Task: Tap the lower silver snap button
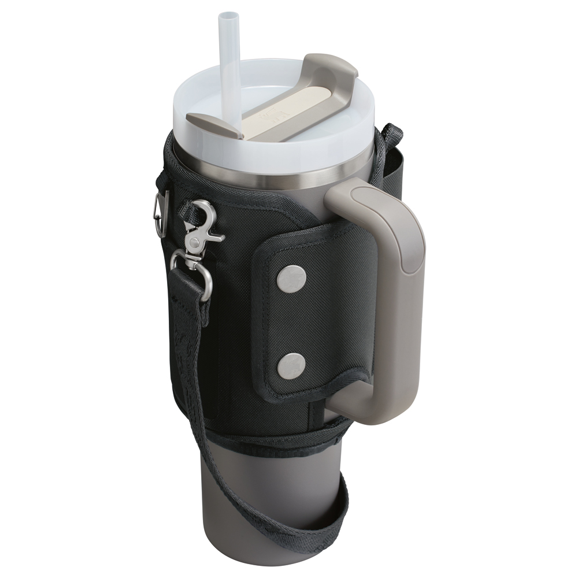pyautogui.click(x=291, y=365)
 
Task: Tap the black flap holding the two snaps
pyautogui.click(x=312, y=318)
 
